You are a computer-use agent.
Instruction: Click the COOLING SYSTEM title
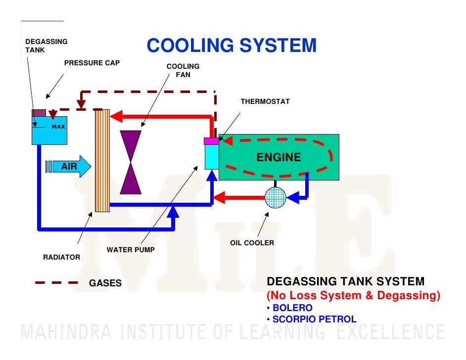point(232,46)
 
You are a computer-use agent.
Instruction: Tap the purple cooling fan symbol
point(131,162)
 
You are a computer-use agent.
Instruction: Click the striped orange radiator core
point(102,161)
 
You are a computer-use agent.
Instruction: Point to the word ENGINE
point(279,157)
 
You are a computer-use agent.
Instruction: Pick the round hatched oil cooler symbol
point(276,198)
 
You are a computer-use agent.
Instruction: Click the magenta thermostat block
point(211,141)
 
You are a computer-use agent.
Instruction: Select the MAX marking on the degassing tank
point(58,127)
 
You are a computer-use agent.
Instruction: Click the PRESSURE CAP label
point(92,63)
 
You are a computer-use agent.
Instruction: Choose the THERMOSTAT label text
point(265,101)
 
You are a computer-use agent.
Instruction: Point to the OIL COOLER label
point(252,243)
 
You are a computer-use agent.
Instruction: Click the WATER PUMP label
point(131,250)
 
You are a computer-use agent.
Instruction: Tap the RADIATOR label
point(61,258)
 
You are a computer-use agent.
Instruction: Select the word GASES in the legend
point(105,283)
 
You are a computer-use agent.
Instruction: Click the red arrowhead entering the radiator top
point(116,117)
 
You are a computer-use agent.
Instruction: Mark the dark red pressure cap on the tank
point(39,113)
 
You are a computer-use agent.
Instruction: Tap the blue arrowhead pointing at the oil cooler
point(292,198)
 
